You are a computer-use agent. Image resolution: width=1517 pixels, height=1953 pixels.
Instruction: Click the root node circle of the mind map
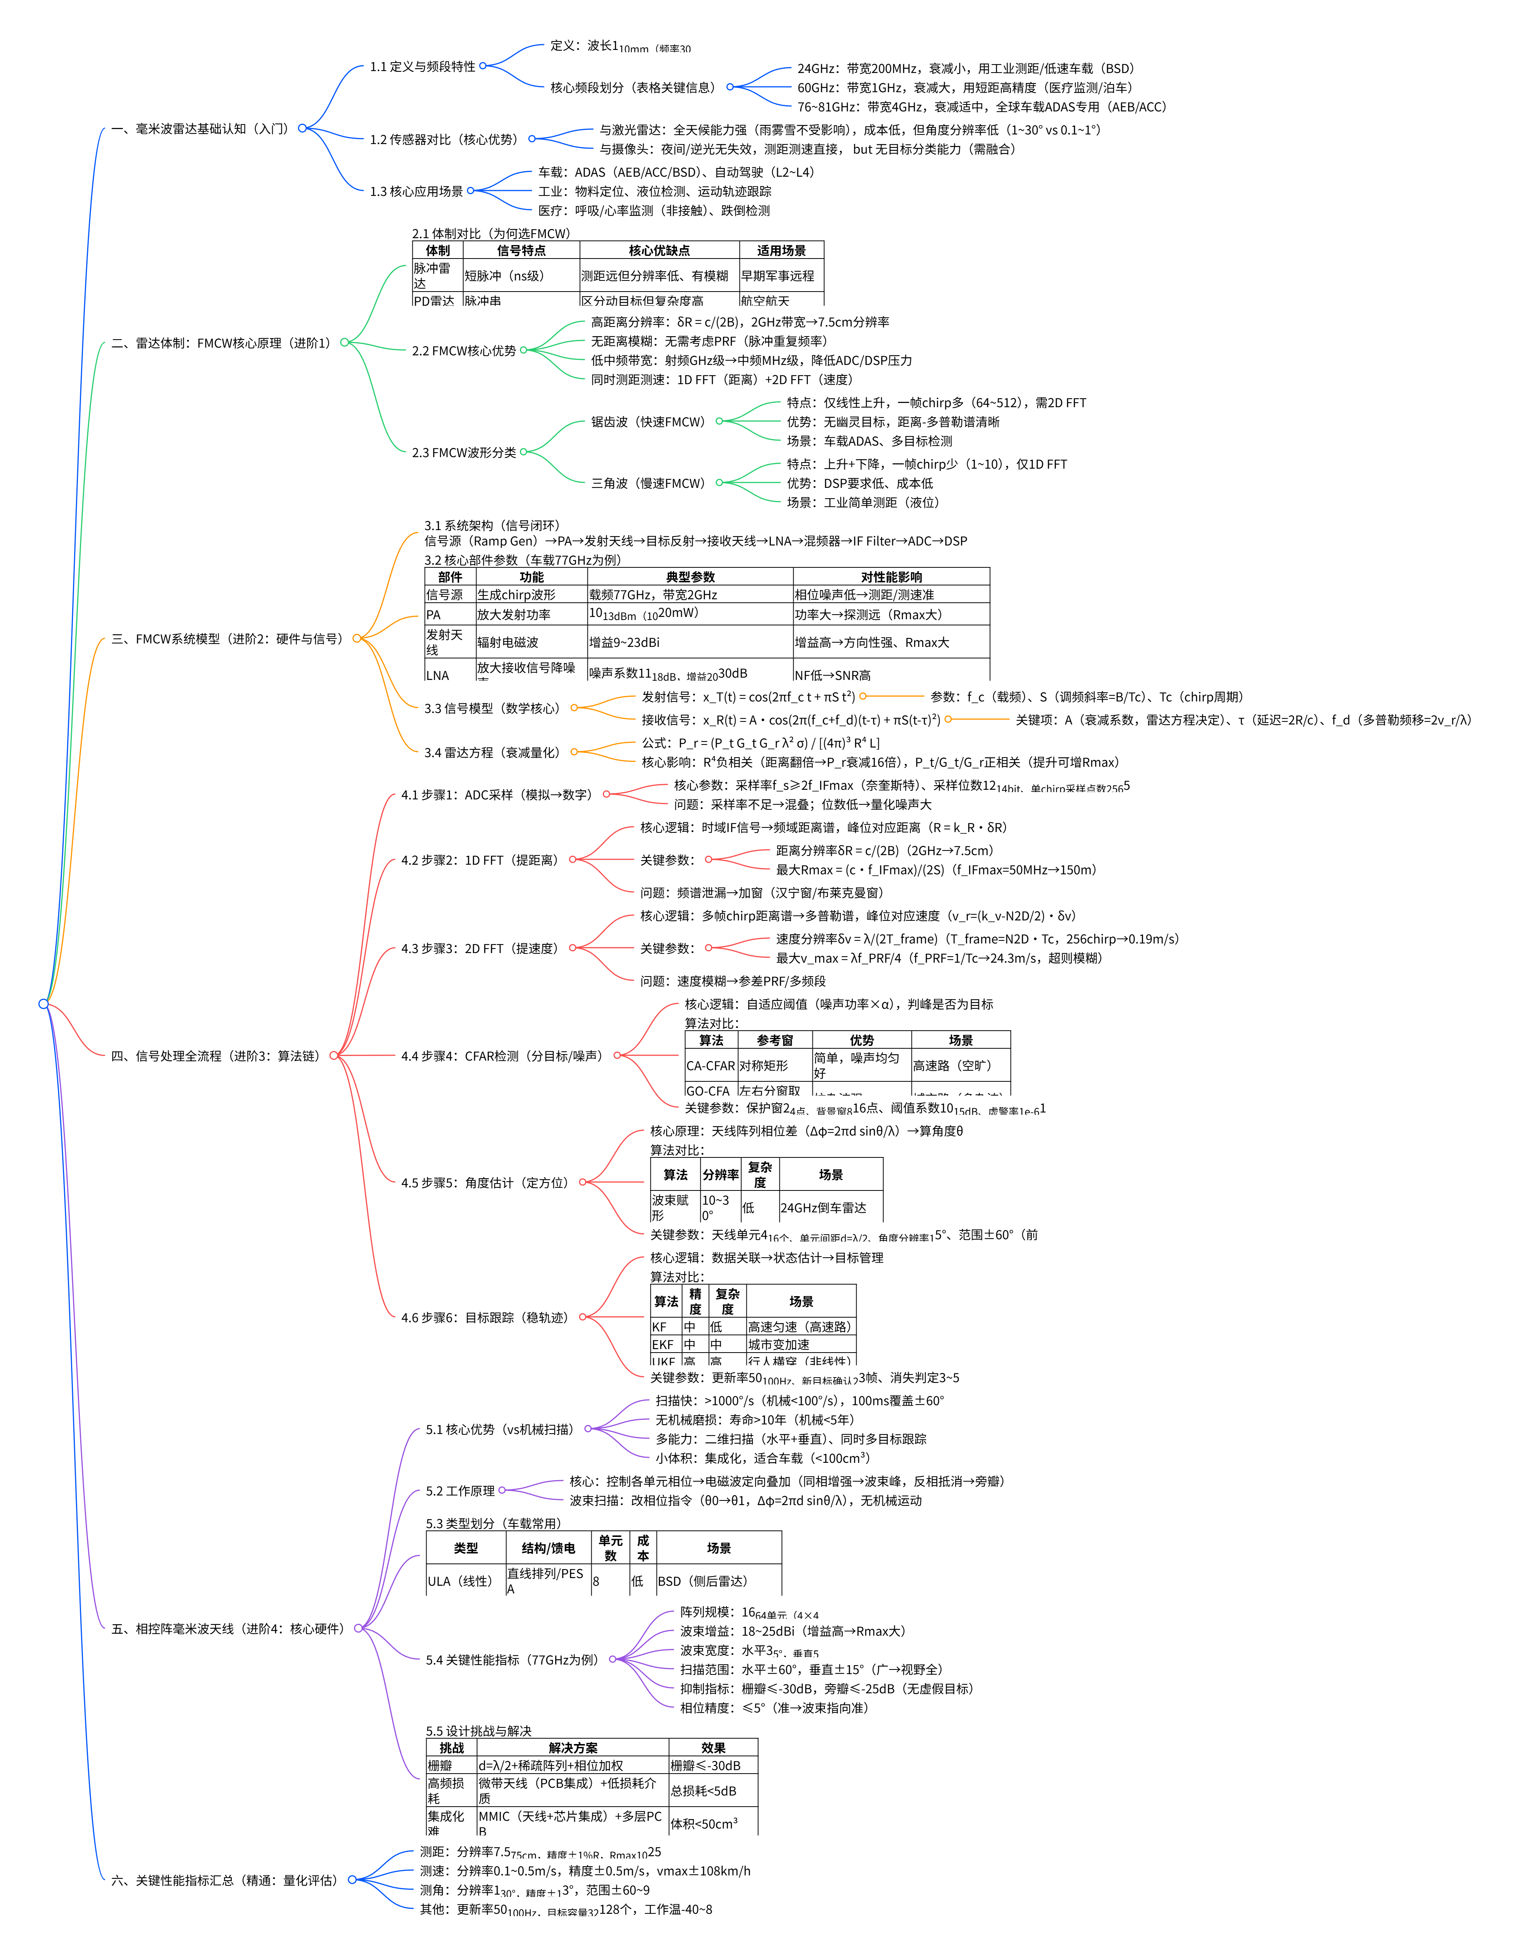(x=43, y=1003)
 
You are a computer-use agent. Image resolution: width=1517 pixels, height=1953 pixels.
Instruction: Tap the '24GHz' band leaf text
(x=965, y=68)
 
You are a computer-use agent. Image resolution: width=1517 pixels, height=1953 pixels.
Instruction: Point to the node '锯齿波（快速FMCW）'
(x=648, y=421)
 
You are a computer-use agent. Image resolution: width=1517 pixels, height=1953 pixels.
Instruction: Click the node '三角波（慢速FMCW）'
(x=648, y=483)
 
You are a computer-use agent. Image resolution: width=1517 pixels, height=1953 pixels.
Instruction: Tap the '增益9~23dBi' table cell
(x=624, y=642)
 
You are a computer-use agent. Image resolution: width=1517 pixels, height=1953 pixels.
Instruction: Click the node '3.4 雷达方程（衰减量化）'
(x=492, y=752)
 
